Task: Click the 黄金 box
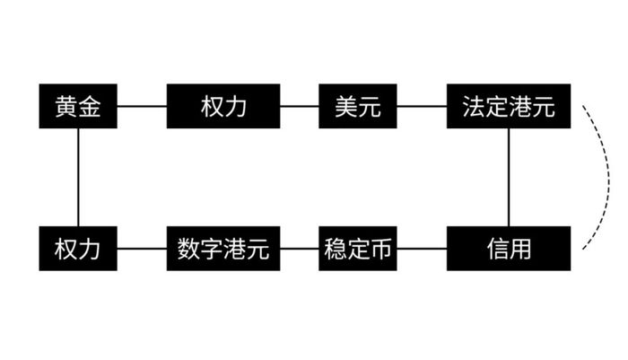pos(79,107)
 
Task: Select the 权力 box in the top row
pos(223,107)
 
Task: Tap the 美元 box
pos(358,107)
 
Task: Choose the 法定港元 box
pos(509,107)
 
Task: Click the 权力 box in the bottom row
pos(79,248)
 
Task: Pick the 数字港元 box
pos(223,248)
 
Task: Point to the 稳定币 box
pos(358,248)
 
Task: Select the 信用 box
pos(509,248)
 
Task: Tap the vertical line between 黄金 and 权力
pos(79,177)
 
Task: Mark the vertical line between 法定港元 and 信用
pos(509,177)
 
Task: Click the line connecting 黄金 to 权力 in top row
pos(142,107)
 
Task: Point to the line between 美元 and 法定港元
pos(422,107)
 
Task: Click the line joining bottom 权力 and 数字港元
pos(142,248)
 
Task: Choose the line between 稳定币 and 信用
pos(422,248)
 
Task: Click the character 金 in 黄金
pos(91,107)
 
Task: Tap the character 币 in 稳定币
pos(380,248)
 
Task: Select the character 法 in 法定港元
pos(474,107)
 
